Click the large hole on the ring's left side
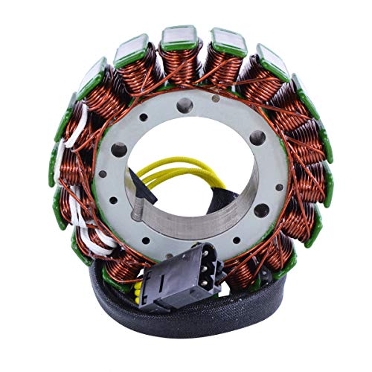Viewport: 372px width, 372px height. click(118, 150)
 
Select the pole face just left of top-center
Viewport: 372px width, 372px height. click(132, 46)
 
